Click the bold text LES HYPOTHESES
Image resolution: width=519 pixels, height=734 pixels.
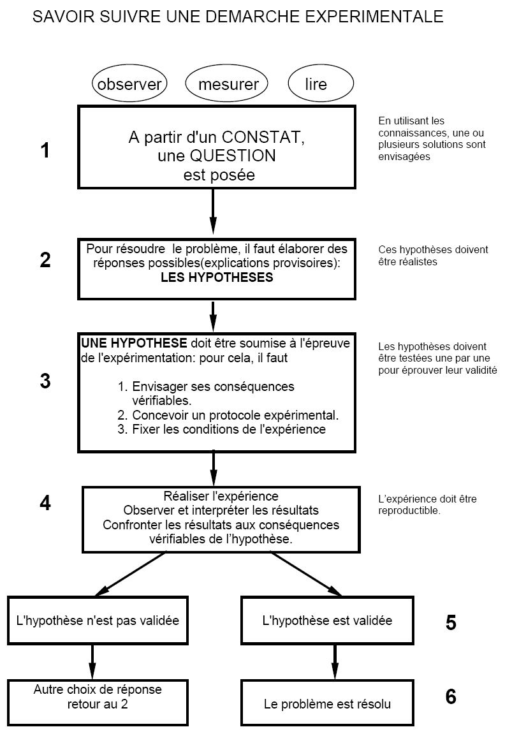217,277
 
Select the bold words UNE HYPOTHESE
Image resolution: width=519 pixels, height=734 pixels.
134,343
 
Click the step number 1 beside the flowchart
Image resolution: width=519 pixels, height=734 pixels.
45,150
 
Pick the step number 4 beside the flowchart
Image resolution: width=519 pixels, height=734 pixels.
45,503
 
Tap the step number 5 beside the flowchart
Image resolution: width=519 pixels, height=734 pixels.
451,622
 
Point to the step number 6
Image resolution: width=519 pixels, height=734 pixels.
451,696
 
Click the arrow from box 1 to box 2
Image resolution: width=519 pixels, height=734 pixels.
213,211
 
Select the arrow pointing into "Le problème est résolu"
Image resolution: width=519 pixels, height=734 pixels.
335,663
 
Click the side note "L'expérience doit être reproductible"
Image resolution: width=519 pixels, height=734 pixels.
427,504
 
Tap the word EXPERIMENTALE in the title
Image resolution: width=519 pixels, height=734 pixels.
374,17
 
